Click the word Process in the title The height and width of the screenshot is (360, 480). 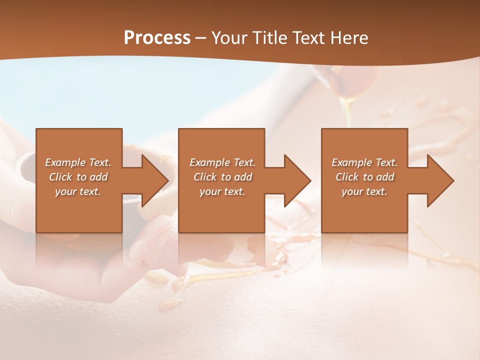157,38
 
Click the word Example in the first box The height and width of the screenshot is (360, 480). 65,162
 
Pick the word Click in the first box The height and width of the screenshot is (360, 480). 60,177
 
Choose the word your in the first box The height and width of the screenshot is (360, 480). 65,191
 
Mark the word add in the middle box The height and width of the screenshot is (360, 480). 243,177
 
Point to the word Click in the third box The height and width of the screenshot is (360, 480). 347,177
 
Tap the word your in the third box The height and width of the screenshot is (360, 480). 352,191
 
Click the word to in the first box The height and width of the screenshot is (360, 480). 81,177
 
